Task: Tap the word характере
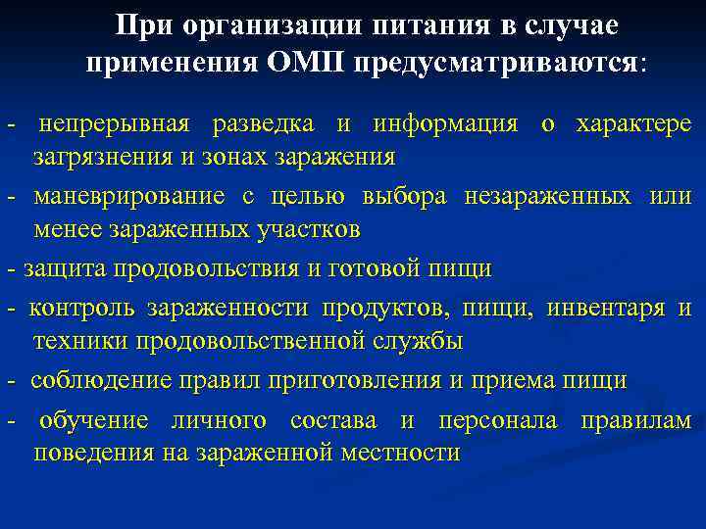click(633, 124)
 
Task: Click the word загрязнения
click(96, 156)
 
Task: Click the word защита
click(65, 267)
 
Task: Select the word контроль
click(83, 309)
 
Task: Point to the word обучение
click(95, 420)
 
